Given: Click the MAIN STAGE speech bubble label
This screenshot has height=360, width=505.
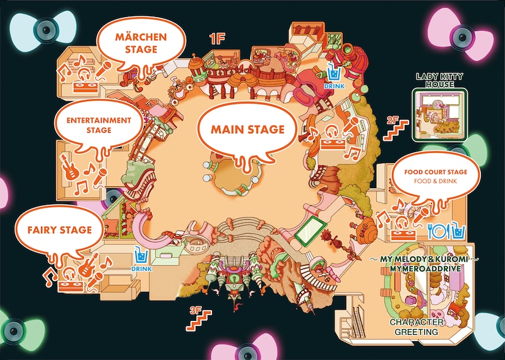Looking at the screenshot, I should [x=247, y=129].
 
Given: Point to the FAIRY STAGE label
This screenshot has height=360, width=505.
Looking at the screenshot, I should [x=59, y=230].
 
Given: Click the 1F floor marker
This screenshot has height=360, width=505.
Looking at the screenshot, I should [x=217, y=38].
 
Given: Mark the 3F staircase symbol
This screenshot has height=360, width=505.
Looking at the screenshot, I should [x=198, y=320].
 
